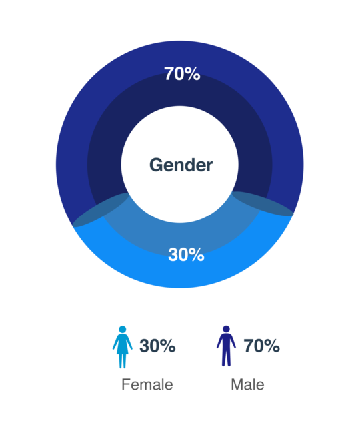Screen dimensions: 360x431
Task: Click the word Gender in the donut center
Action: (181, 165)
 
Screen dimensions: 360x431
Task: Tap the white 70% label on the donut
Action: (182, 74)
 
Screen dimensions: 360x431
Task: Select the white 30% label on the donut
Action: (186, 254)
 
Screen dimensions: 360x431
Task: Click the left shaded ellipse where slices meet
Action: (101, 210)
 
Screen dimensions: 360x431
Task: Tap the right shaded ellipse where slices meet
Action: (263, 204)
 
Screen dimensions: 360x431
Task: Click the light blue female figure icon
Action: (123, 347)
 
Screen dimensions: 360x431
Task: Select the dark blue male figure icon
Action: (226, 346)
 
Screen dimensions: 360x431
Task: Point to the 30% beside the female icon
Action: (157, 346)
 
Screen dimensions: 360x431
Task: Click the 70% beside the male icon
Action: (261, 346)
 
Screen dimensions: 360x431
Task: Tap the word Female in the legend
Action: (147, 384)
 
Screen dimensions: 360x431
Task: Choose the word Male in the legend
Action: (247, 384)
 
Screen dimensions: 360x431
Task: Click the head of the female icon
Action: (123, 330)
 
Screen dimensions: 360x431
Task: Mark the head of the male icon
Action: (226, 329)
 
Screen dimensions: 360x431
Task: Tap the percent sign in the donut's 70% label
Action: (192, 74)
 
